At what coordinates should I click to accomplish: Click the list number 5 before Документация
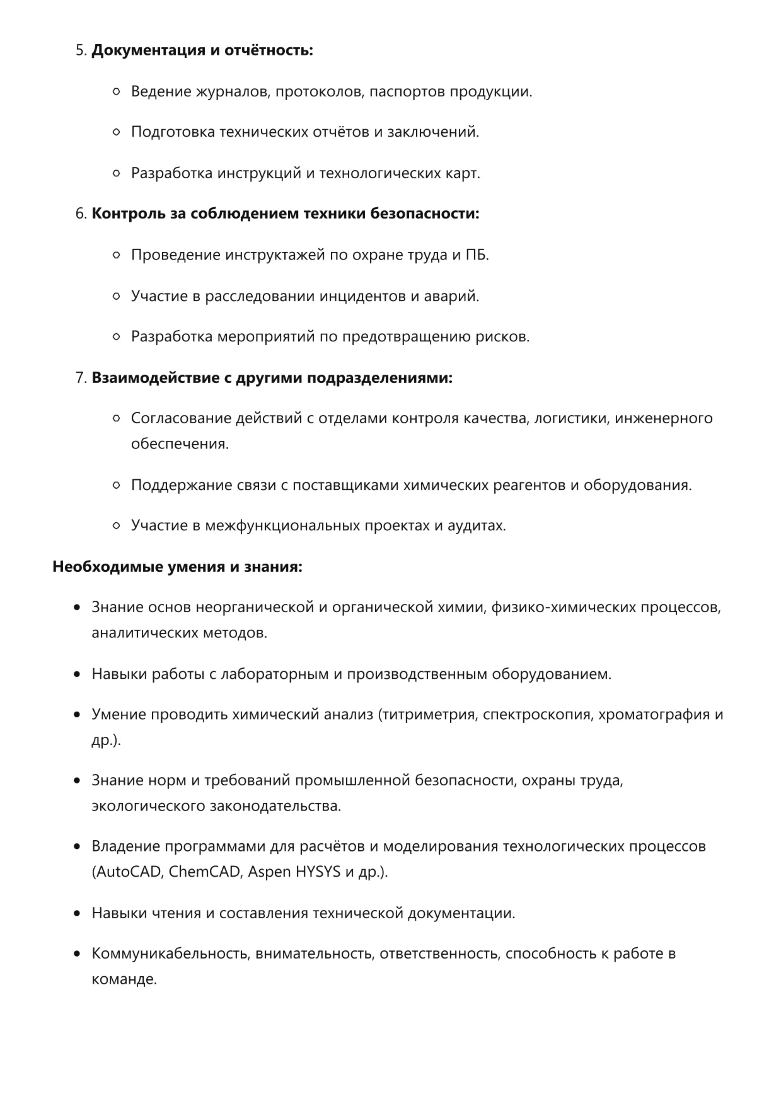80,50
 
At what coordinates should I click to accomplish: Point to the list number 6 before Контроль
80,214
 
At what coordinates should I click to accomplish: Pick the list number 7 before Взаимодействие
80,378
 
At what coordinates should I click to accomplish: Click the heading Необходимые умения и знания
177,567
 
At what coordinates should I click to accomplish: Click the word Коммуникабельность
170,953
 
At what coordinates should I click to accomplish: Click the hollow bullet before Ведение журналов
116,92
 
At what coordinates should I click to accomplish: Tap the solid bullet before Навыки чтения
77,913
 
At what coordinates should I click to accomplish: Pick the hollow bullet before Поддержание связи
116,485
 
